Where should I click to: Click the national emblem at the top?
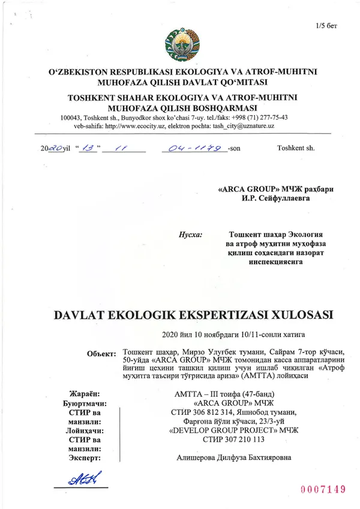179,43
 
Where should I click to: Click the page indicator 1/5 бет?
326,26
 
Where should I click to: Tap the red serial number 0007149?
322,489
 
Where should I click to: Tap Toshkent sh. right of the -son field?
295,147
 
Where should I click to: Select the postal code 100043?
73,118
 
